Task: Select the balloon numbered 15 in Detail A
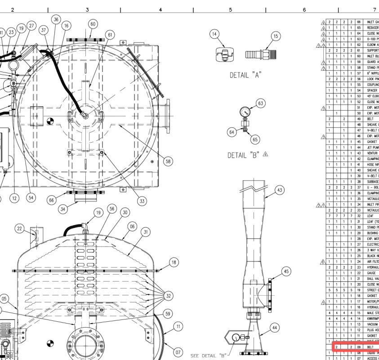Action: (276, 37)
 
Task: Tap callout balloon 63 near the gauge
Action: (261, 103)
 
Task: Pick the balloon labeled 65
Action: (255, 139)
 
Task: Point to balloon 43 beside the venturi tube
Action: (280, 191)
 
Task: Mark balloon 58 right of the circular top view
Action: (168, 162)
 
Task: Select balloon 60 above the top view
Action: (93, 24)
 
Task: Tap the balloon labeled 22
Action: (19, 229)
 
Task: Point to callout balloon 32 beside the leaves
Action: (168, 296)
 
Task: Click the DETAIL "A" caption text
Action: (246, 75)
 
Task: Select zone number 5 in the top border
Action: (230, 9)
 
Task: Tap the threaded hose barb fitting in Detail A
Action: (257, 54)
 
